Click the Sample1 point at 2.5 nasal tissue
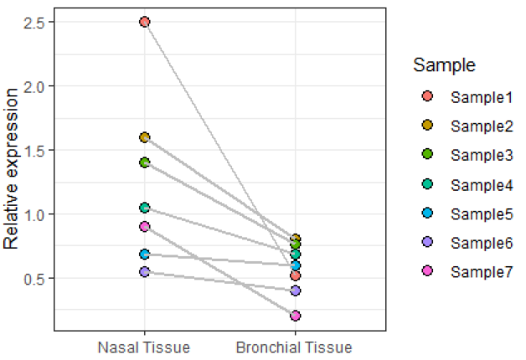point(145,22)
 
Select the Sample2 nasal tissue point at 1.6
point(145,136)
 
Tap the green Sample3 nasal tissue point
point(145,162)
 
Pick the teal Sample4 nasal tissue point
point(145,207)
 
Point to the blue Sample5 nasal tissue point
point(145,254)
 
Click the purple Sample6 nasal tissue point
point(145,272)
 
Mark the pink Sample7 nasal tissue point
point(145,227)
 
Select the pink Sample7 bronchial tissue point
point(295,316)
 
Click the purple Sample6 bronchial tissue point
point(295,291)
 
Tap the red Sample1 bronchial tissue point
point(295,275)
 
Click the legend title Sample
point(445,65)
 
